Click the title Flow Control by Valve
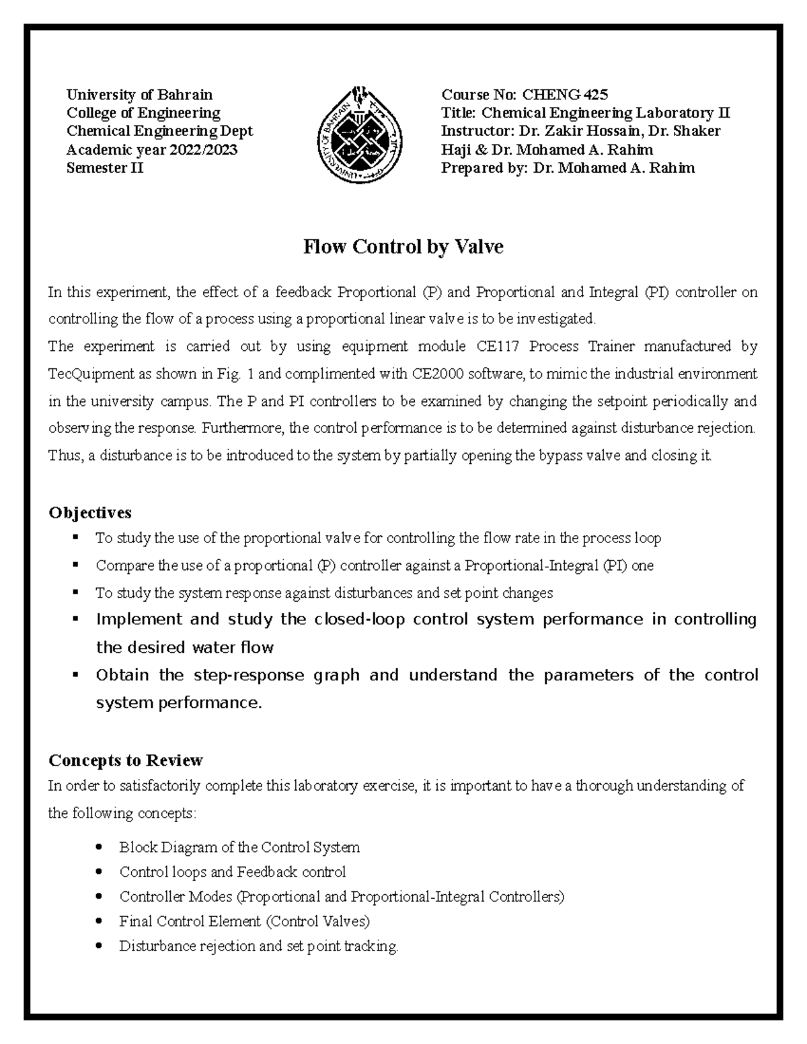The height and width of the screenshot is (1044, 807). point(403,247)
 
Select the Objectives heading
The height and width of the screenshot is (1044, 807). point(90,513)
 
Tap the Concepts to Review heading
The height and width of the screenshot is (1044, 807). point(126,760)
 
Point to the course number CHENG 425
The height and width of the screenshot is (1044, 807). point(565,95)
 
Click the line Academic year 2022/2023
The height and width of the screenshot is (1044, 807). point(151,150)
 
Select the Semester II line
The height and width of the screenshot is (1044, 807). point(104,168)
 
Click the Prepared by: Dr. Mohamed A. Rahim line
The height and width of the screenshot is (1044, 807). point(567,168)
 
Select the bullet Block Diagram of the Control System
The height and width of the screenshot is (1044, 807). point(239,847)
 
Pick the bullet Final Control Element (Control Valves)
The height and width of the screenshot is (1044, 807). point(244,921)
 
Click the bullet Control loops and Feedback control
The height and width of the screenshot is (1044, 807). point(232,872)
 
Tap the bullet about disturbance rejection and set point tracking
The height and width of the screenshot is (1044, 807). point(259,946)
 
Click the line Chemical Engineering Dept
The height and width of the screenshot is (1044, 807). point(159,131)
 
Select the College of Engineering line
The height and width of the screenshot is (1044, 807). point(143,113)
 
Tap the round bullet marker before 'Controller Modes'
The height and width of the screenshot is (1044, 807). point(100,897)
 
